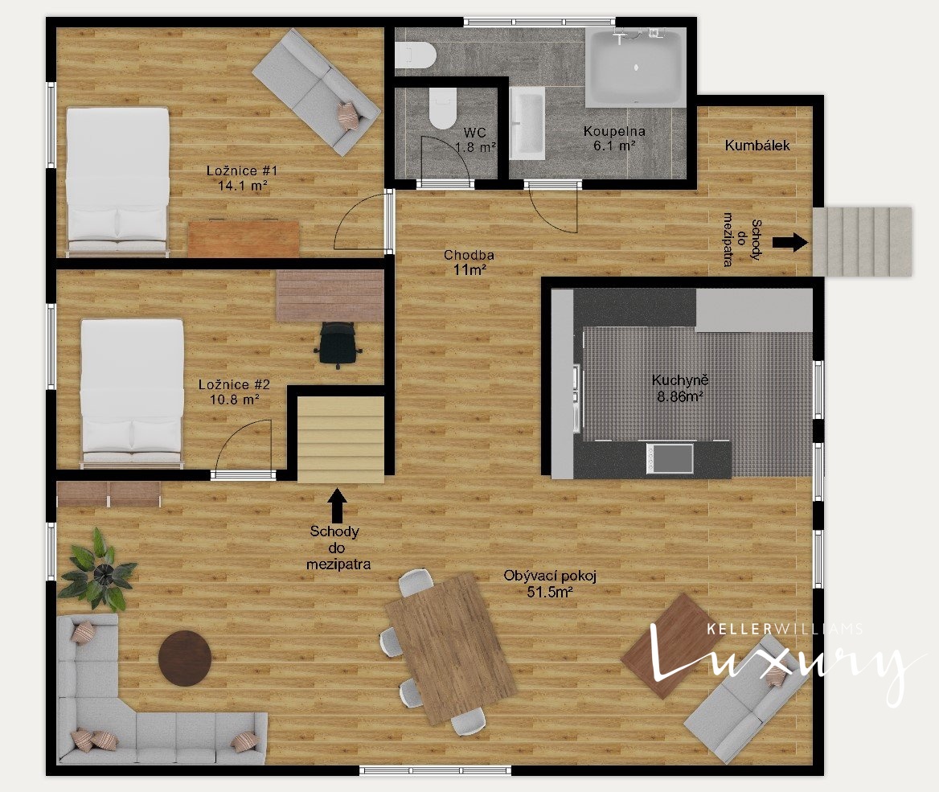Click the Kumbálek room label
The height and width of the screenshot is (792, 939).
(757, 145)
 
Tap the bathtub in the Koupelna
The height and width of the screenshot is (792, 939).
(635, 67)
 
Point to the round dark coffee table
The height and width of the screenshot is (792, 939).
(184, 657)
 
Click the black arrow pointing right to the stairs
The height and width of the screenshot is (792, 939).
(789, 242)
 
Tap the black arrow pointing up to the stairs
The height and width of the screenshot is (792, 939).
(337, 504)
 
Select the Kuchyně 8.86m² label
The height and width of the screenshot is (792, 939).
(679, 388)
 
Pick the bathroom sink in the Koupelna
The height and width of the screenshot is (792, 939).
(527, 123)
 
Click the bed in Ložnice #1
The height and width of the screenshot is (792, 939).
(117, 182)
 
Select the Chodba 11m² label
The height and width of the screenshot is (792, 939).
(469, 262)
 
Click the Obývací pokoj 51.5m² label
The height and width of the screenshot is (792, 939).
(550, 584)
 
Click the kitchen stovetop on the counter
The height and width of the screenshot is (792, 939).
(670, 459)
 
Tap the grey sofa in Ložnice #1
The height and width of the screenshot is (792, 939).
(316, 92)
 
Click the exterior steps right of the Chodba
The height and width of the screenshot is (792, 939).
(862, 241)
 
